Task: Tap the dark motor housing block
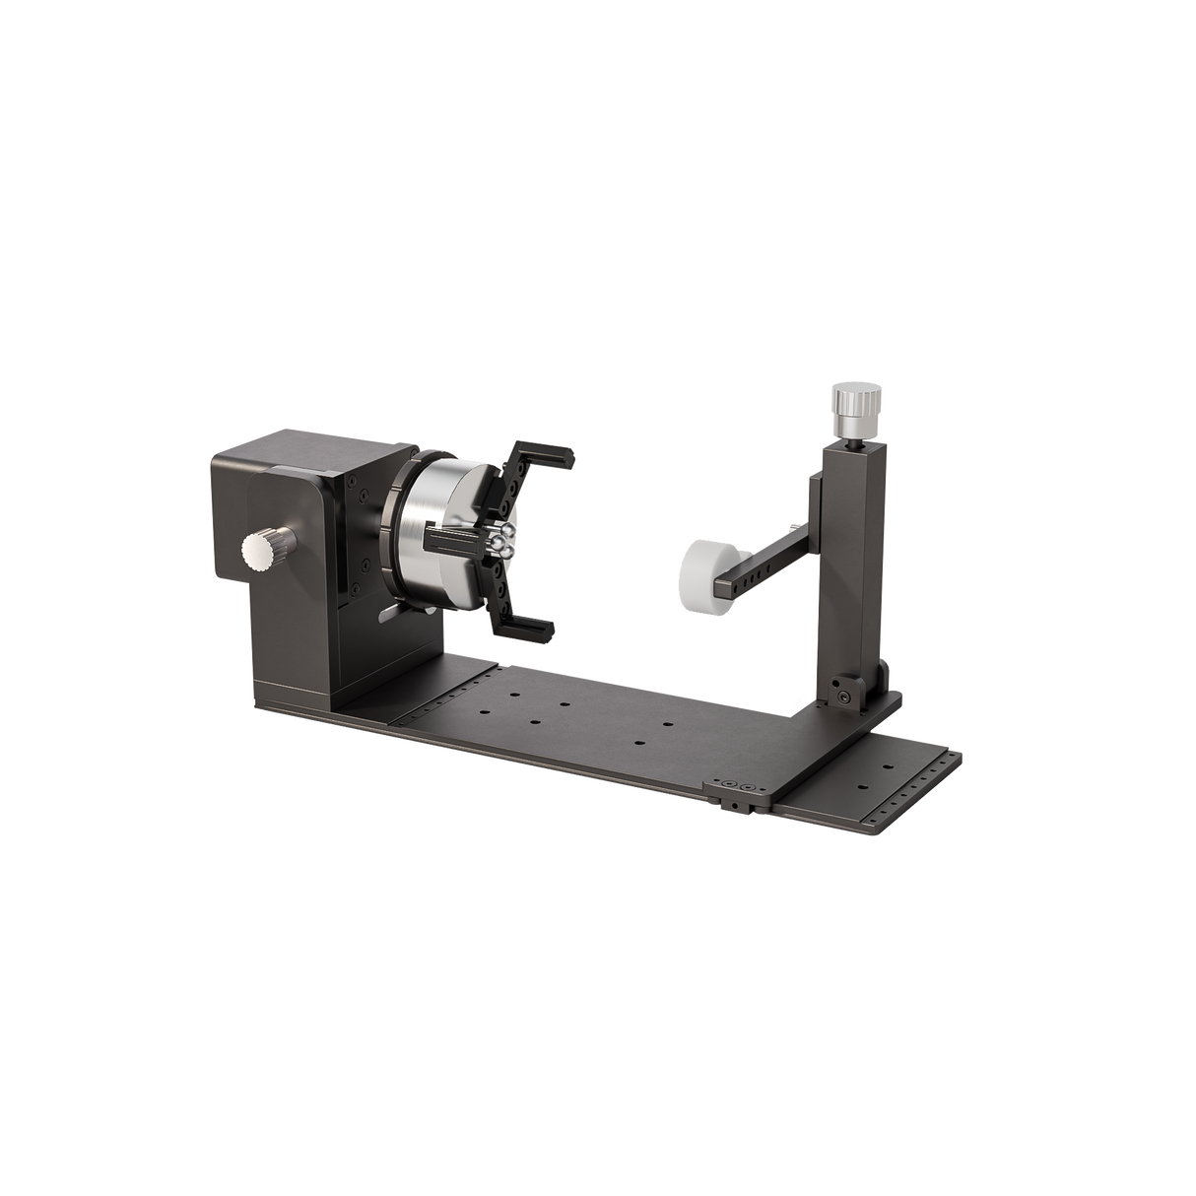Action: (x=286, y=562)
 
